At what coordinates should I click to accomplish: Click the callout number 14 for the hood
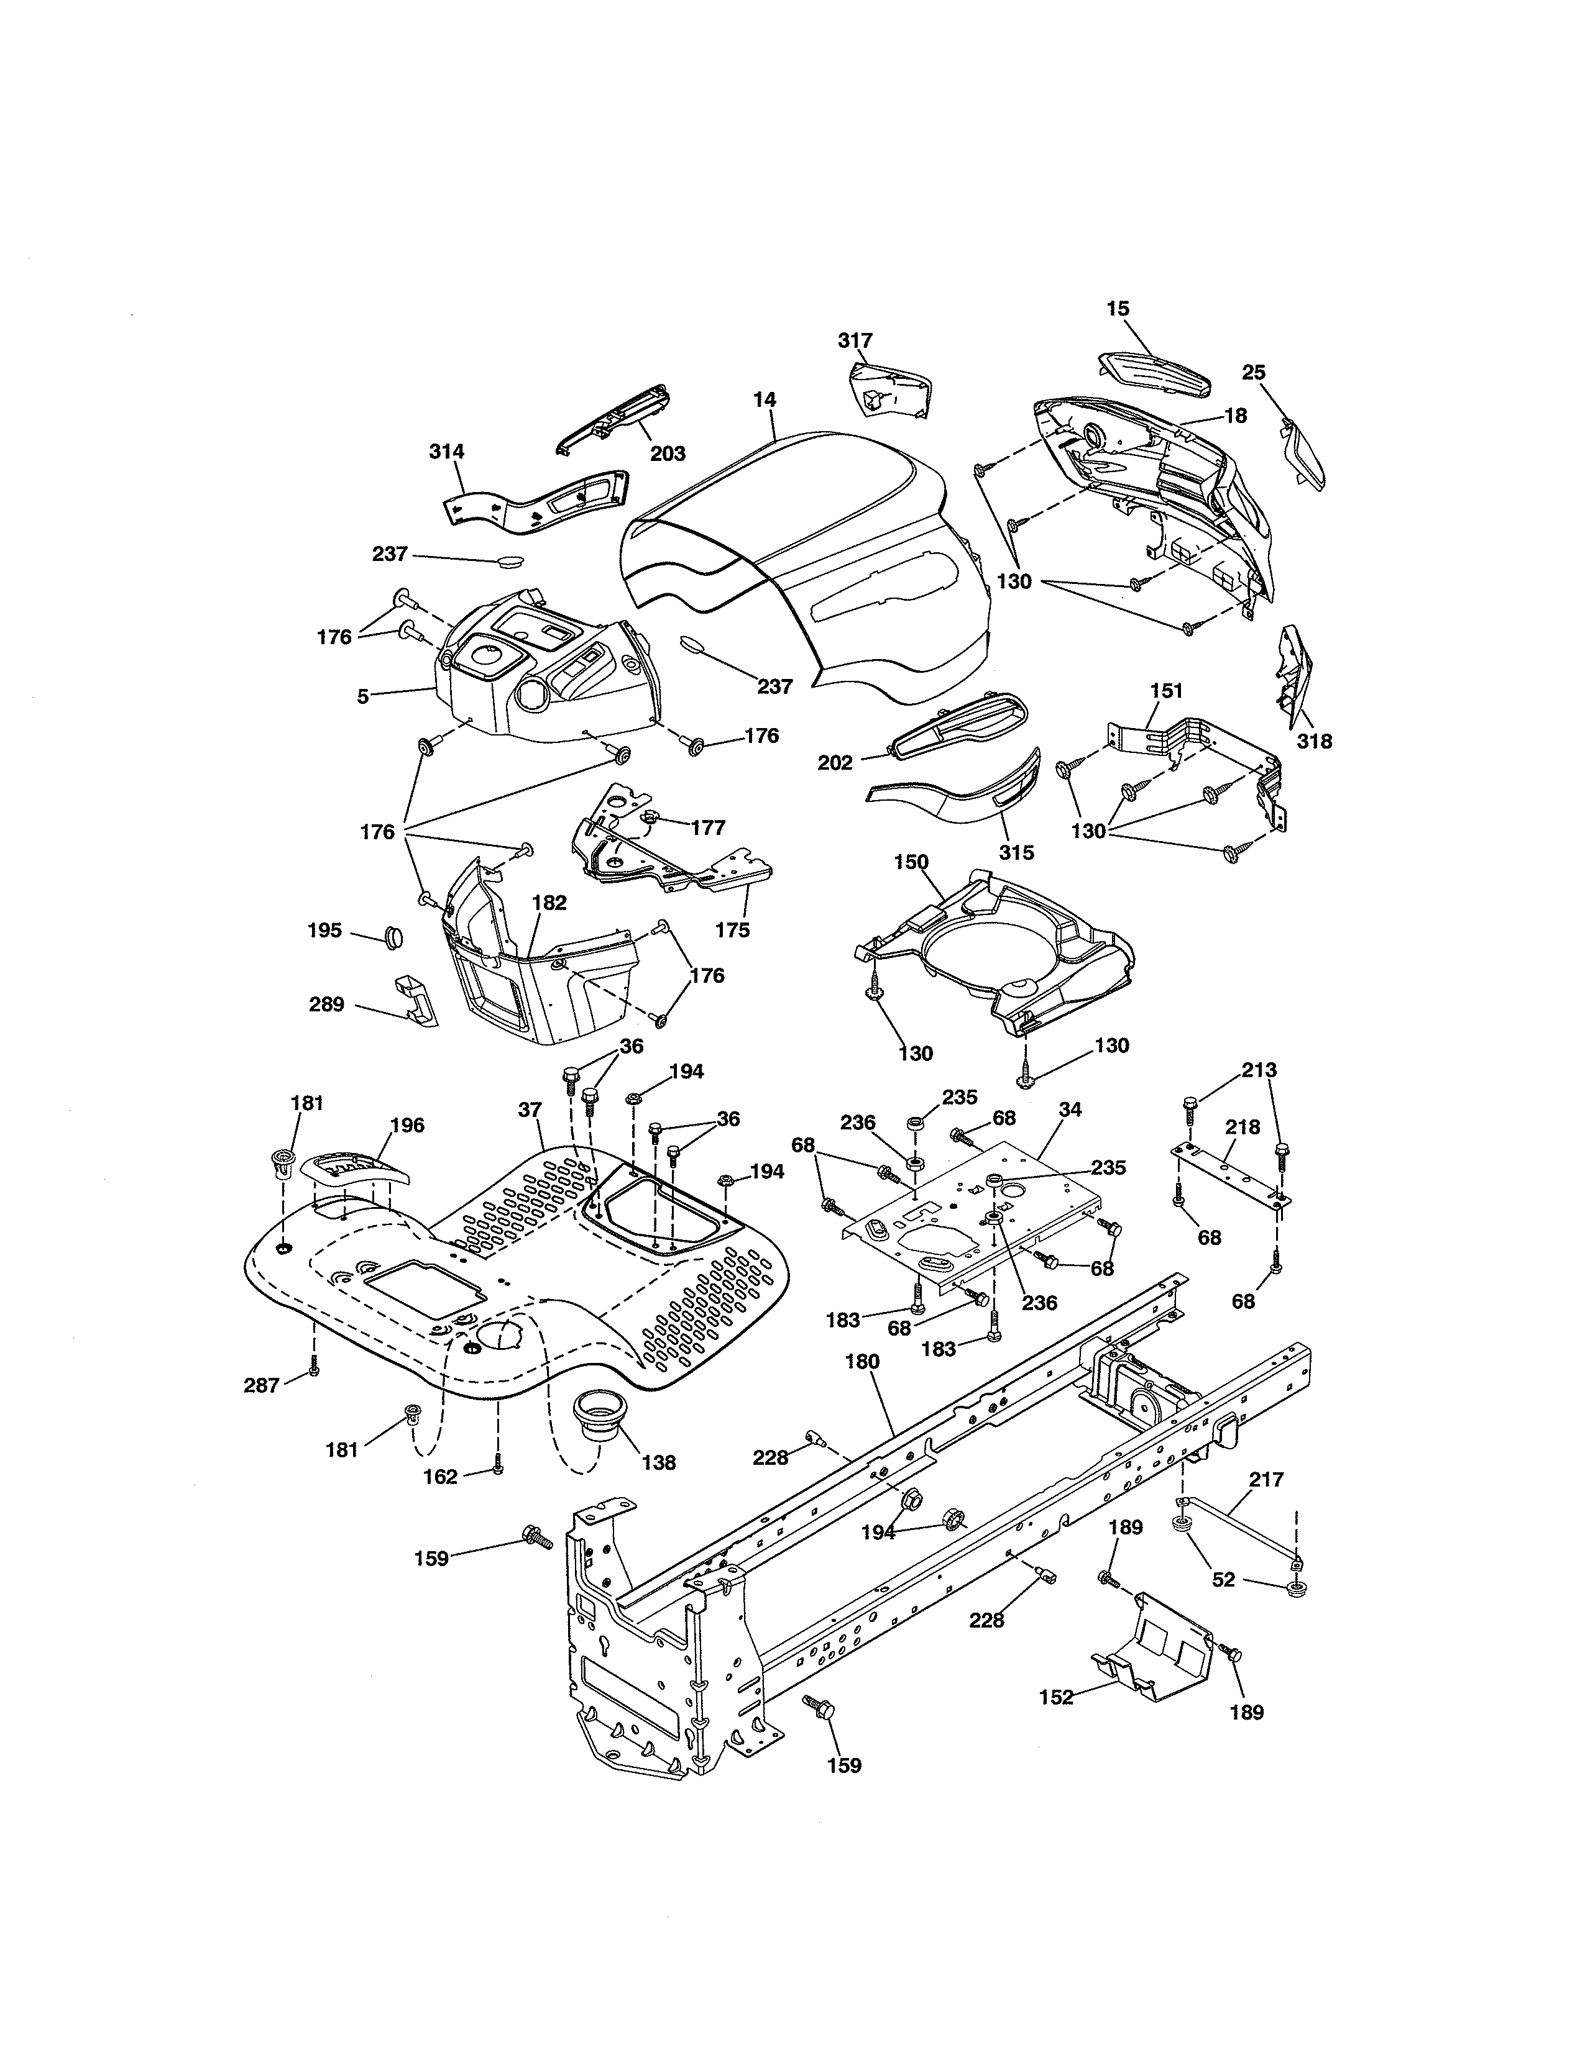tap(765, 400)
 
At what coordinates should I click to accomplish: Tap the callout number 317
tap(855, 340)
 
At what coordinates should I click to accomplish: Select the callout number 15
tap(1118, 309)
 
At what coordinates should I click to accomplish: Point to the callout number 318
tap(1313, 742)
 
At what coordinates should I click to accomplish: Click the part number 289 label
tap(327, 1004)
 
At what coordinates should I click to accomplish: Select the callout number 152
tap(1056, 1697)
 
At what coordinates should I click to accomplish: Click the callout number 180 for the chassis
tap(862, 1361)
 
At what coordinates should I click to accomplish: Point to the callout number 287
tap(261, 1385)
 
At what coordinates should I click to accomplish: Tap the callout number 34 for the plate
tap(1070, 1109)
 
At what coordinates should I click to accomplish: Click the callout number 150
tap(911, 862)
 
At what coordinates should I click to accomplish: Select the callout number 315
tap(1016, 852)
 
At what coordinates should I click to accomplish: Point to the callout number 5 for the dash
tap(362, 696)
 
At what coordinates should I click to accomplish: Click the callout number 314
tap(446, 452)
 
